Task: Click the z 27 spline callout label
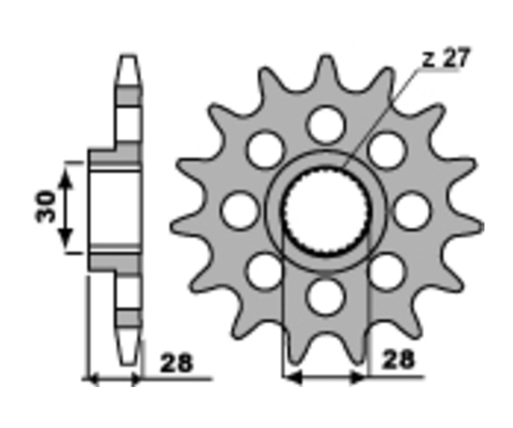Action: (x=446, y=59)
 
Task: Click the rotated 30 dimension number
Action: (x=46, y=206)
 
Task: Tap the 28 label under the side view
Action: (x=176, y=363)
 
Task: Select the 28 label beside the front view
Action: (x=398, y=360)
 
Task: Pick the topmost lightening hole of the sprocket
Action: (x=327, y=124)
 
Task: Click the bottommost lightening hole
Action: (x=327, y=297)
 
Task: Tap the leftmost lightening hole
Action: (x=239, y=211)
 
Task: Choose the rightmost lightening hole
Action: (x=411, y=211)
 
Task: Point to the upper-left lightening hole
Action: (x=266, y=150)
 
